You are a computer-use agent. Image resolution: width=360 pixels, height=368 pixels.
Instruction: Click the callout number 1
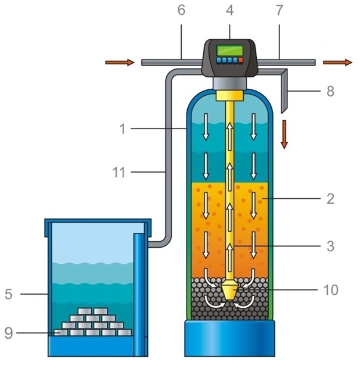click(122, 129)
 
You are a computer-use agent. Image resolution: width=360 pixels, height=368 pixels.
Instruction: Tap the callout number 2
click(330, 199)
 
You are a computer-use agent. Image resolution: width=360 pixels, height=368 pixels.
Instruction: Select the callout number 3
click(330, 245)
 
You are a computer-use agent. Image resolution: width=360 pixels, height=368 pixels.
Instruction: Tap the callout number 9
click(8, 333)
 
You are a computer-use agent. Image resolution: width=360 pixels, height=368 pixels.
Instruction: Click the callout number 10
click(330, 290)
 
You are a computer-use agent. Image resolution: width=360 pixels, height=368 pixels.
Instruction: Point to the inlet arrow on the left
click(116, 62)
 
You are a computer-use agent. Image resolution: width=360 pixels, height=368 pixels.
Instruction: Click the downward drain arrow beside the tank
click(284, 133)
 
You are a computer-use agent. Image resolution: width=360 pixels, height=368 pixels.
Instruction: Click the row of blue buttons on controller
click(230, 60)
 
